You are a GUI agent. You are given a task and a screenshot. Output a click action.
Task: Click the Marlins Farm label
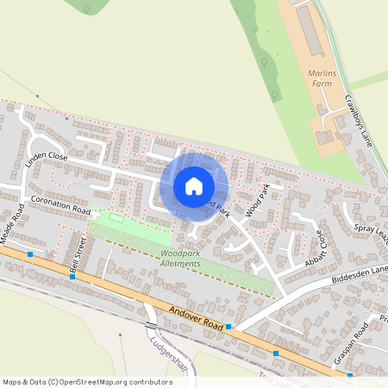pos(322,78)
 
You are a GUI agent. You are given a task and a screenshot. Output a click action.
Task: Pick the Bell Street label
pos(78,256)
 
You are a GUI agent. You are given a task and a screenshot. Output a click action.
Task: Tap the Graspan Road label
pos(355,340)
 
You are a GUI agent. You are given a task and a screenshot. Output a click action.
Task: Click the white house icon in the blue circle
pos(194,186)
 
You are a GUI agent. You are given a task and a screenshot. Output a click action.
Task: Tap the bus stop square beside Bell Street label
pos(72,277)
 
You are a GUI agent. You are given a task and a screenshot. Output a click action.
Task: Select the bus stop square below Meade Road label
pos(30,254)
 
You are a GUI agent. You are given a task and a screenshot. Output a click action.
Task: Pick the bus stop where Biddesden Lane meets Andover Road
pos(228,327)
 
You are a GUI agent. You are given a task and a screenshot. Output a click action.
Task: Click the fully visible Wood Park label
pos(258,200)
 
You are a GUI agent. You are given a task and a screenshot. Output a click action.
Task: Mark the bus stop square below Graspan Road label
pos(350,376)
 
